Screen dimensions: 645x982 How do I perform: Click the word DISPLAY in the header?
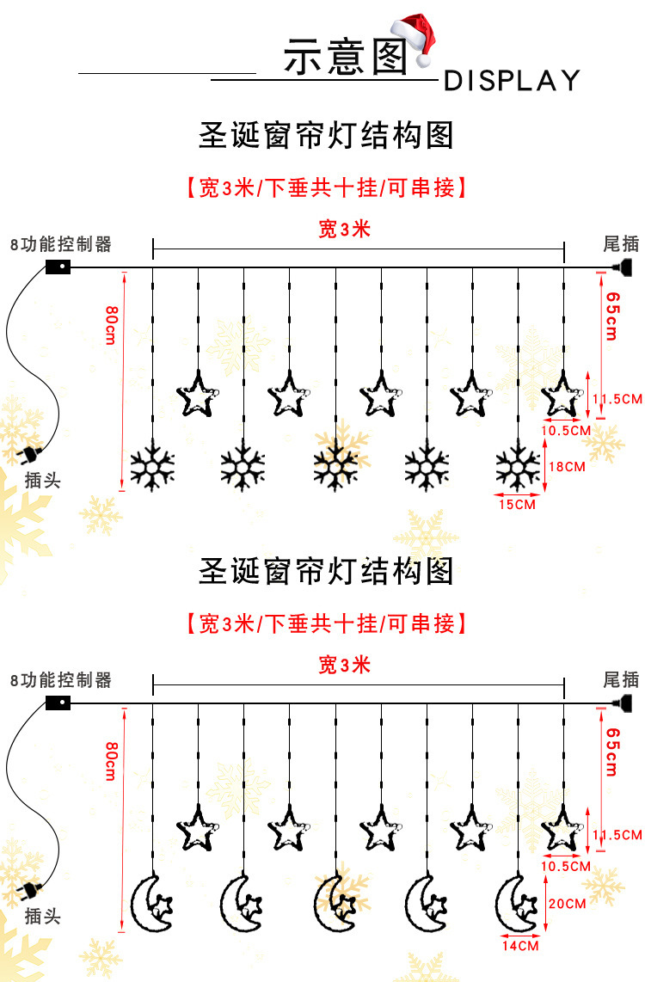[x=512, y=81]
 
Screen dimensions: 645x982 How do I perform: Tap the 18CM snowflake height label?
[x=566, y=466]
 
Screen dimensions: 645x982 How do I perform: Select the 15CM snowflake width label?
[x=516, y=505]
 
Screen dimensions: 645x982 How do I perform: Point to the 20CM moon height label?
[x=567, y=904]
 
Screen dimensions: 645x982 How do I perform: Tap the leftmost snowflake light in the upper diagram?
[x=152, y=468]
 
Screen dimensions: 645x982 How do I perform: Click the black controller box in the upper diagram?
[x=58, y=267]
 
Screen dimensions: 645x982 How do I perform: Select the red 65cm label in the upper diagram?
[x=612, y=316]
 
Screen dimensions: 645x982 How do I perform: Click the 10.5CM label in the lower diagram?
[x=567, y=866]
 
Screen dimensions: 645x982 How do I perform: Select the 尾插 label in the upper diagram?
[x=621, y=244]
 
